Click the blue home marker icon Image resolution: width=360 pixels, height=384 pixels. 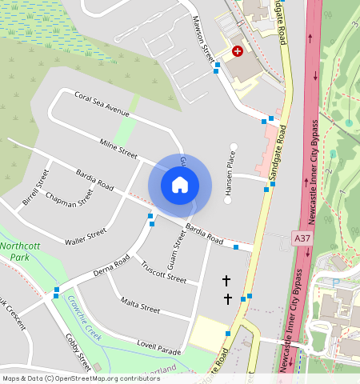click(x=180, y=185)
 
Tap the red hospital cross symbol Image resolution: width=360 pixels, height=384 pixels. click(x=237, y=51)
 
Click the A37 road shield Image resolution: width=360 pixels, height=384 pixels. click(x=302, y=238)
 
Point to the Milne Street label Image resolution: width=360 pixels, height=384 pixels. click(x=118, y=147)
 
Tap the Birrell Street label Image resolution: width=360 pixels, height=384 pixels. click(x=36, y=186)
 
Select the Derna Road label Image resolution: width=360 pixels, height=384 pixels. click(x=110, y=267)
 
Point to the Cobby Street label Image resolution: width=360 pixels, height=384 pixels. click(x=77, y=349)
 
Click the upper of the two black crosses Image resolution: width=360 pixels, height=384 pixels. click(x=226, y=281)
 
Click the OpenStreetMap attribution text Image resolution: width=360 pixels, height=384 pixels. click(x=80, y=378)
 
